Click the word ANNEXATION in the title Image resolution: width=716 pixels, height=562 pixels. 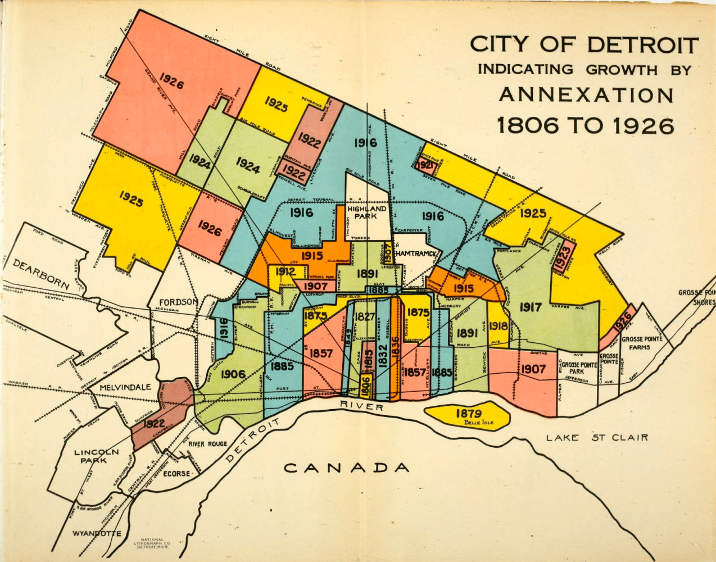586,94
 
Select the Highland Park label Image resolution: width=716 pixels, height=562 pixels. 367,212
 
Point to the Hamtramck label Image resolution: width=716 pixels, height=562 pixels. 416,255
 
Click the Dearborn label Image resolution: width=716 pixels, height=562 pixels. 41,274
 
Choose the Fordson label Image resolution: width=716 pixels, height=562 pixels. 178,302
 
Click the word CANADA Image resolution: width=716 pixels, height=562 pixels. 346,468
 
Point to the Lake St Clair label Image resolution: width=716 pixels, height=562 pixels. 597,437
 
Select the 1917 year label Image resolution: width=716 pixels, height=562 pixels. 530,307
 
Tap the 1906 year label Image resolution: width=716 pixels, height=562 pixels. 233,374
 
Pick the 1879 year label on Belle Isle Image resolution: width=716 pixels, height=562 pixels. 468,413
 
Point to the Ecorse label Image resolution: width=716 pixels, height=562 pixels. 176,473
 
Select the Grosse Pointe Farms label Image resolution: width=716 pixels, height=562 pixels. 642,343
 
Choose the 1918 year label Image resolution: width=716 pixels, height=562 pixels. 498,326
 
